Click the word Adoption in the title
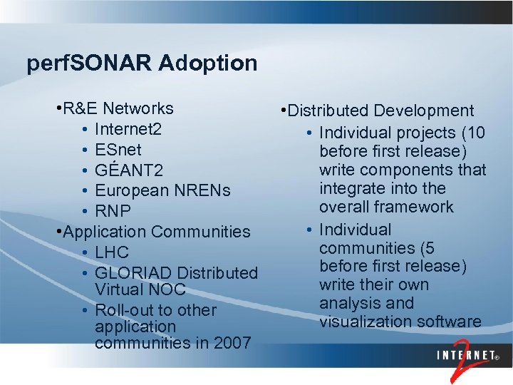(208, 63)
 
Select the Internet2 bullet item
(128, 130)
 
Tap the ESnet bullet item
(118, 150)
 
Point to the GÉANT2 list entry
(129, 170)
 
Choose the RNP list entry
(113, 211)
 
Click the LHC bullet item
(112, 252)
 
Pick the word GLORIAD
(133, 273)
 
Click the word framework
(419, 207)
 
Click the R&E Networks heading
(118, 109)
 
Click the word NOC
(168, 290)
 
